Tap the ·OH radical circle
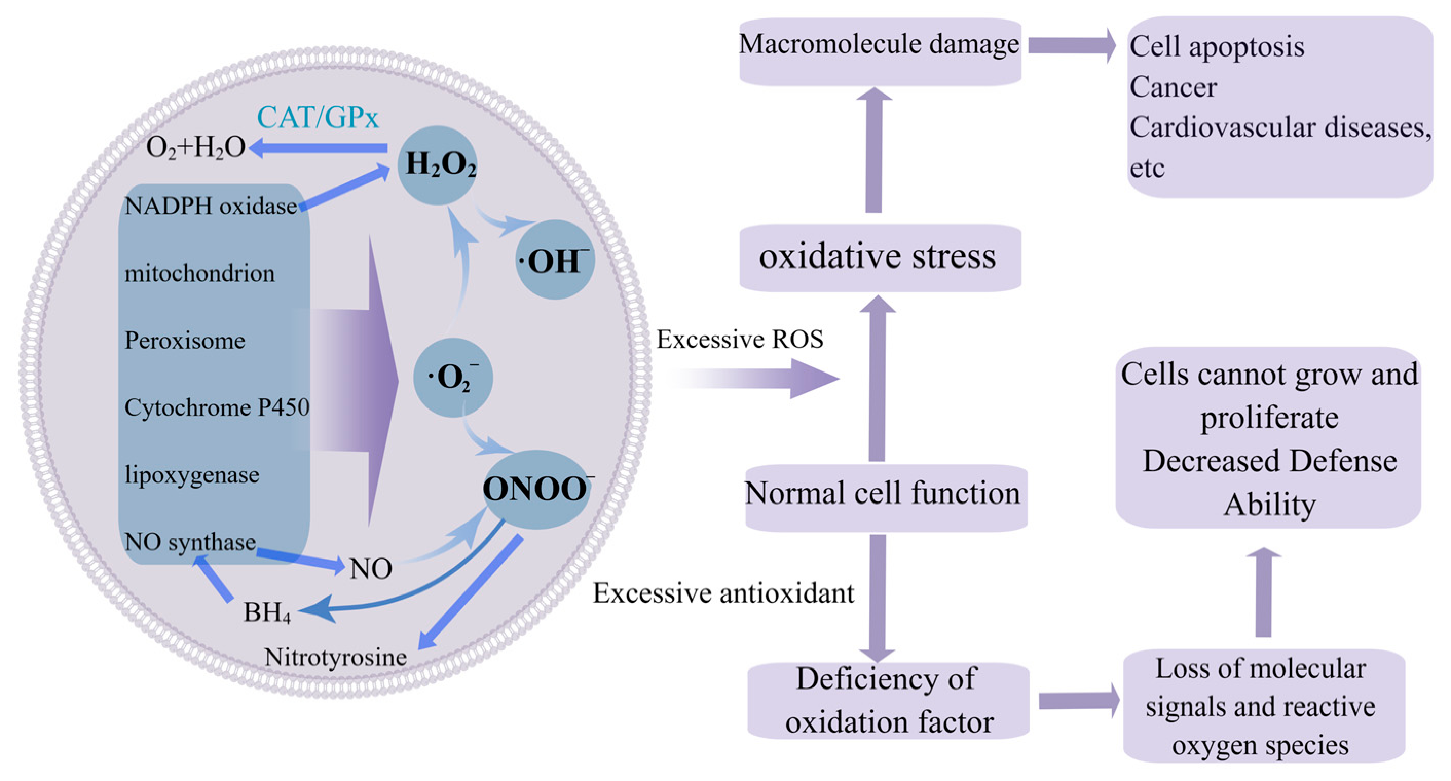tap(554, 260)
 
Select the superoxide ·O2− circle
tap(453, 377)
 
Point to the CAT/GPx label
tap(318, 118)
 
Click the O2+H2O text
tap(195, 148)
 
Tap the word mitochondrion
tap(200, 274)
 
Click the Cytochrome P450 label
tap(217, 407)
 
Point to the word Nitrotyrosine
tap(336, 657)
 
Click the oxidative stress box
tap(879, 257)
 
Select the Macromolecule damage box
tap(879, 51)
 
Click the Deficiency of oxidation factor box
tap(888, 701)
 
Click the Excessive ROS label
tap(739, 340)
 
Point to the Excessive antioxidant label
tap(723, 593)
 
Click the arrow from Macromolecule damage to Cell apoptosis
tap(1071, 45)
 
